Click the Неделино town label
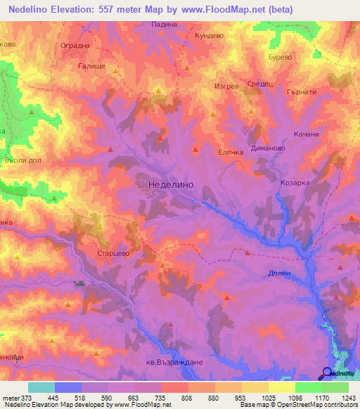172,184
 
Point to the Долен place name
279,273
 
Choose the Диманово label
266,149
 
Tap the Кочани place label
307,134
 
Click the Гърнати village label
303,91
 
